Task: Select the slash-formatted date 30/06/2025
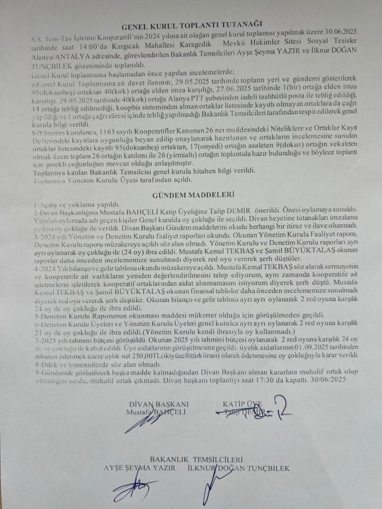pyautogui.click(x=335, y=379)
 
